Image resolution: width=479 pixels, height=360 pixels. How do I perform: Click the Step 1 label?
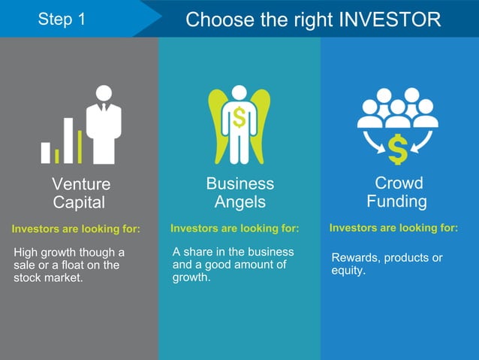point(62,19)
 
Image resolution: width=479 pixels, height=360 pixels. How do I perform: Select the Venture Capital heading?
point(80,193)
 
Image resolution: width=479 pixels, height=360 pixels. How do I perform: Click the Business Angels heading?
point(239,192)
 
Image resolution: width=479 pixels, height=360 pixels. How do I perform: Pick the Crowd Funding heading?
point(398,192)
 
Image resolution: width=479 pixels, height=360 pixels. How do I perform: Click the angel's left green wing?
point(217,124)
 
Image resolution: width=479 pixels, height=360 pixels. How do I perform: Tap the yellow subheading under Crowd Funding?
point(393,228)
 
